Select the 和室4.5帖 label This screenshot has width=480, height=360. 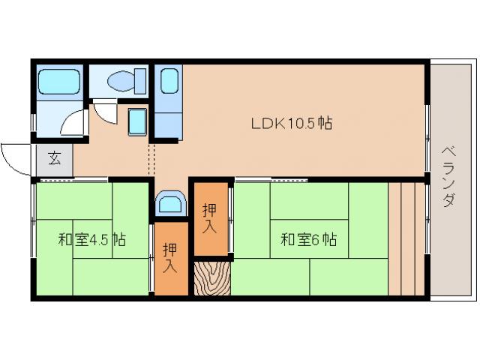[92, 241]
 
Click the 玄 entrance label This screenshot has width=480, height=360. [55, 159]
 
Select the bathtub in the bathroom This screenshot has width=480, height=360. [58, 81]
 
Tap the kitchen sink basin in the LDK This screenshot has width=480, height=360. [169, 81]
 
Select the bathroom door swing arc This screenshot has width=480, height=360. [75, 123]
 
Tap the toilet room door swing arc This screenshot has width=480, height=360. [106, 112]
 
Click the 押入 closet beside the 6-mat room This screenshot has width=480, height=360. [210, 217]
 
